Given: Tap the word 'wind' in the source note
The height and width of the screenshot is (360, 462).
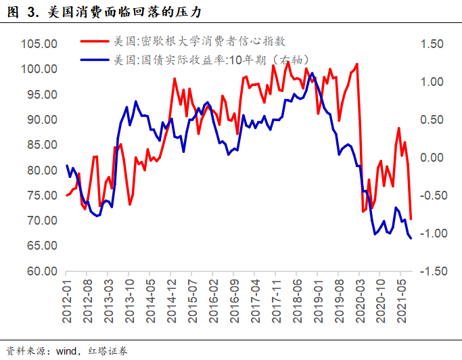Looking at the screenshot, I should tap(68, 351).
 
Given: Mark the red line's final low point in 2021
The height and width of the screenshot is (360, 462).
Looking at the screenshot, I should tap(411, 219).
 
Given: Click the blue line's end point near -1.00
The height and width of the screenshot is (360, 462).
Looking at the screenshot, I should tap(411, 238).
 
